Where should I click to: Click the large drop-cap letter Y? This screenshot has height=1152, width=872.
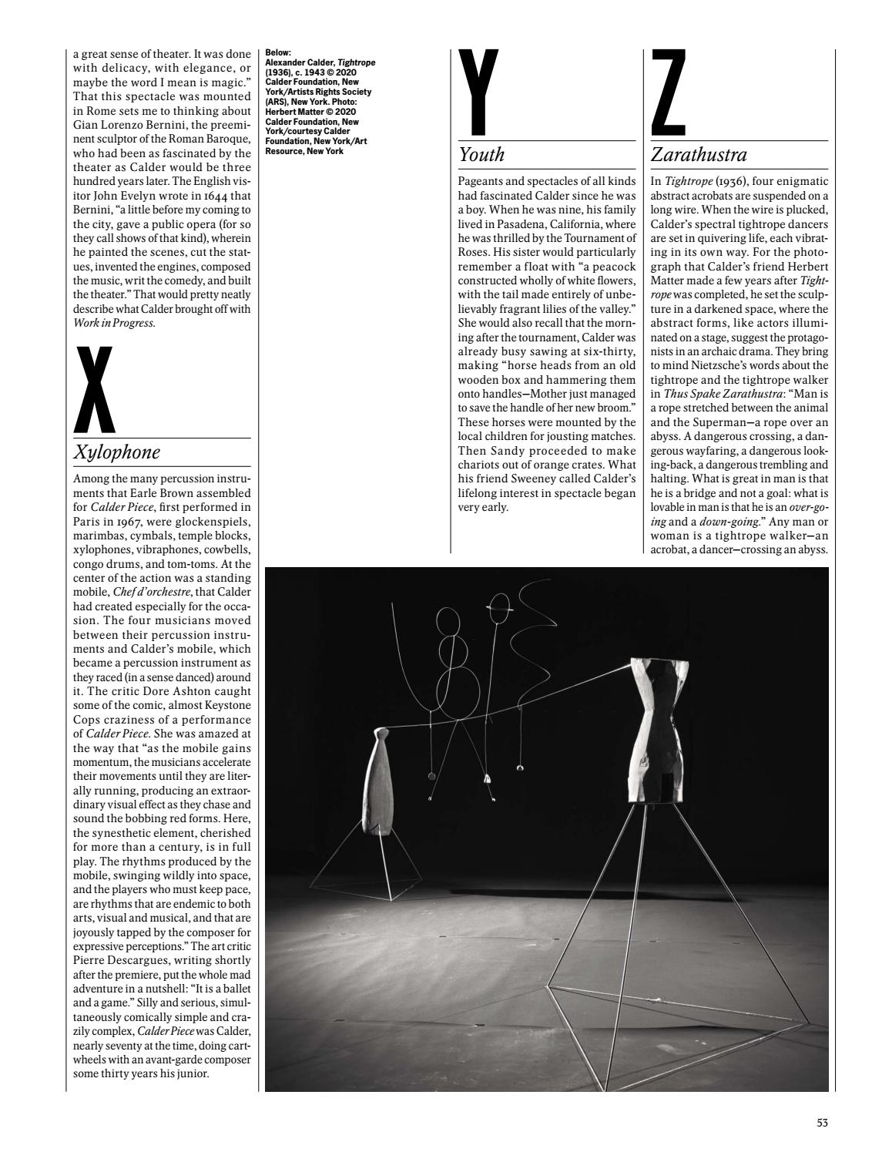coord(478,94)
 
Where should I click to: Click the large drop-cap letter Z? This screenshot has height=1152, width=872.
coord(668,94)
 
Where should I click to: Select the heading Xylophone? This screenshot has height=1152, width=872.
coord(116,452)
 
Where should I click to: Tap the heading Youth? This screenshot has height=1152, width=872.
coord(481,155)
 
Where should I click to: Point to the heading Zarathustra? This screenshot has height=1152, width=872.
coord(699,155)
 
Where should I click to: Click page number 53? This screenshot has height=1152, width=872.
coord(822,1123)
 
